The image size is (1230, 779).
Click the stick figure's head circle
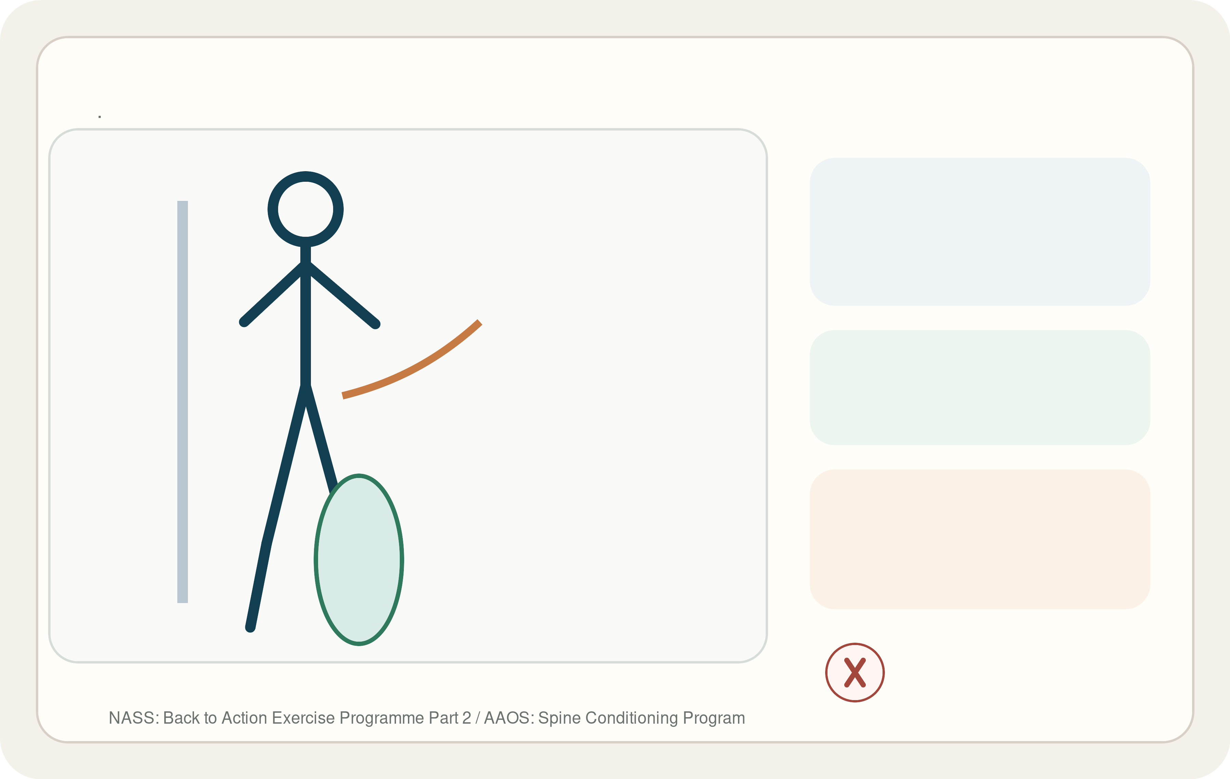pyautogui.click(x=305, y=177)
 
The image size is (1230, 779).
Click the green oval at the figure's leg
pyautogui.click(x=359, y=560)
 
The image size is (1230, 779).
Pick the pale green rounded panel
pyautogui.click(x=980, y=387)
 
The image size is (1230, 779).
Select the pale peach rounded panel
pyautogui.click(x=980, y=539)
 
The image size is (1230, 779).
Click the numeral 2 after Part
pyautogui.click(x=466, y=718)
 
